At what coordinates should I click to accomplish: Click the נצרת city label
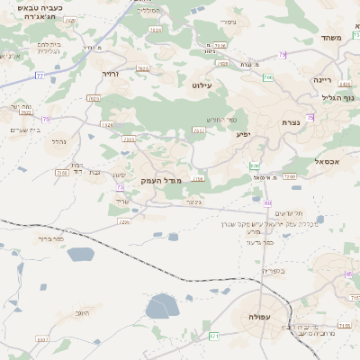click(x=291, y=122)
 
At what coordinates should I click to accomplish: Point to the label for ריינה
click(x=322, y=79)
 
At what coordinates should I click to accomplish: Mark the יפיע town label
click(x=243, y=134)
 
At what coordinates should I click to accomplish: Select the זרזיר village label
click(x=111, y=75)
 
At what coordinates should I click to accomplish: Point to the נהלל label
click(x=55, y=142)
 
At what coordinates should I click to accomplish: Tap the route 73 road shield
click(x=120, y=187)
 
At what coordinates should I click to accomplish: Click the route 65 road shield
click(x=348, y=274)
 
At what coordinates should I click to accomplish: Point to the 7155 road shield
click(x=345, y=325)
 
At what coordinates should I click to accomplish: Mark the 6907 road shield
click(x=42, y=339)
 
